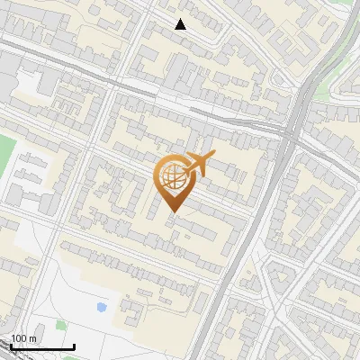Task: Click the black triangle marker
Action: tap(181, 24)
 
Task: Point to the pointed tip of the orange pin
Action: tap(172, 212)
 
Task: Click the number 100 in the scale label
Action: tap(19, 338)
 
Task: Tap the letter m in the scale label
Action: tap(32, 338)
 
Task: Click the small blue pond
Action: tap(101, 307)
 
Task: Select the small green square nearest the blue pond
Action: tap(61, 324)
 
